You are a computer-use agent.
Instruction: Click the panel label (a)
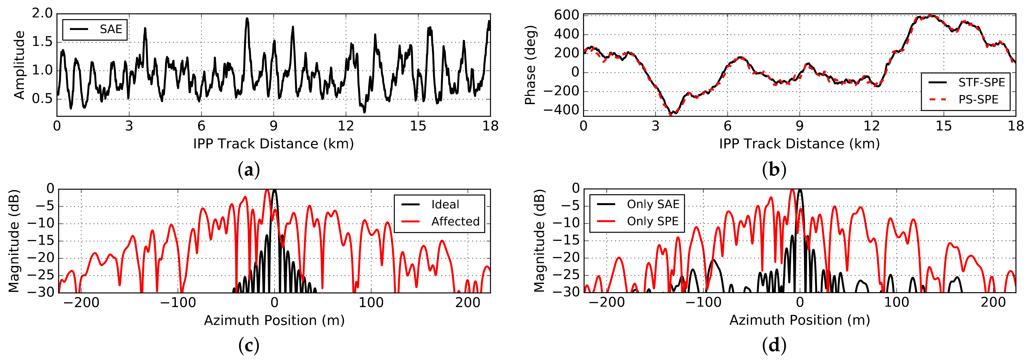pyautogui.click(x=249, y=170)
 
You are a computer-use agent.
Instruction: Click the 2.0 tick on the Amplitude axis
pyautogui.click(x=42, y=14)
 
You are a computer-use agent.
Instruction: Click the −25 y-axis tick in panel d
pyautogui.click(x=567, y=275)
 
